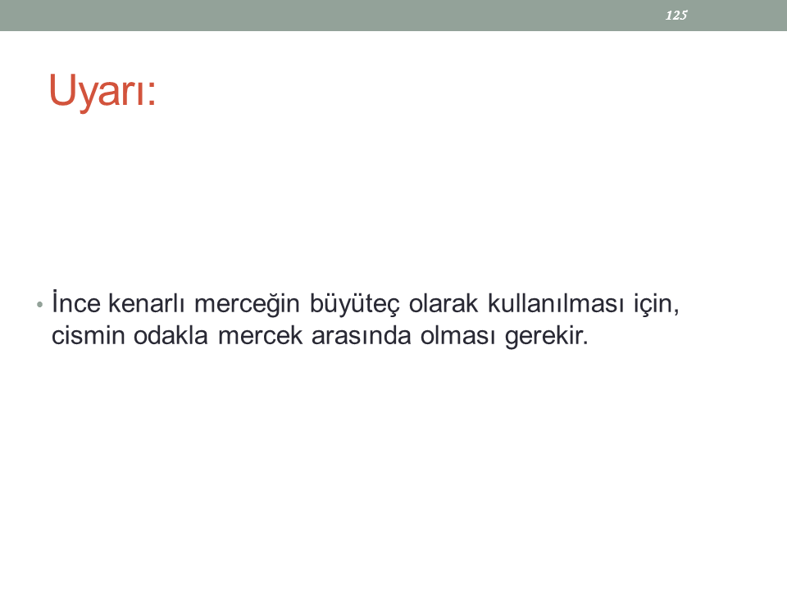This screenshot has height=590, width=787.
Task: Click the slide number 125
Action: tap(676, 16)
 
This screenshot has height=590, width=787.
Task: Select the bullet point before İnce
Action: tap(39, 304)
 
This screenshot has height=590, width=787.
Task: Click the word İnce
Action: tap(76, 302)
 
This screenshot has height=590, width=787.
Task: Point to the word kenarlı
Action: tap(147, 302)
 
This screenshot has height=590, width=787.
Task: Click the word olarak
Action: tap(444, 302)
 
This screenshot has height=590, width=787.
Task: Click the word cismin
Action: tap(89, 335)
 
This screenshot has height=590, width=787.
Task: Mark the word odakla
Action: tap(171, 334)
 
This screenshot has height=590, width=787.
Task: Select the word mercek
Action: tap(261, 334)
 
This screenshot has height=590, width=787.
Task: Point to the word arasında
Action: tap(362, 334)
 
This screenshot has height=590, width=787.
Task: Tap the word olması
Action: tap(457, 334)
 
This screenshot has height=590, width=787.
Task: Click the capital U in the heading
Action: tap(62, 89)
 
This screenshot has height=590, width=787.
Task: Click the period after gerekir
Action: tap(585, 343)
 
